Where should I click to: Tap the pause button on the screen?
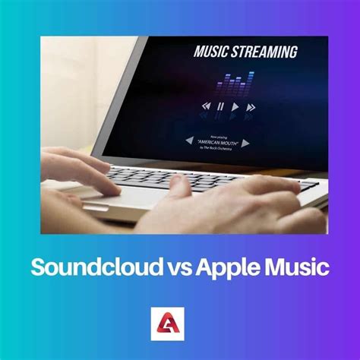click(219, 106)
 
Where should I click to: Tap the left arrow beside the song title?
click(188, 140)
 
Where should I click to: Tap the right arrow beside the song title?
click(246, 142)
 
